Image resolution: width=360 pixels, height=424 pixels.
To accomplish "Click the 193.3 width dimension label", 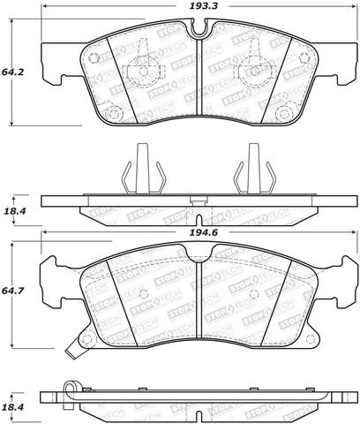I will [x=206, y=7].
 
